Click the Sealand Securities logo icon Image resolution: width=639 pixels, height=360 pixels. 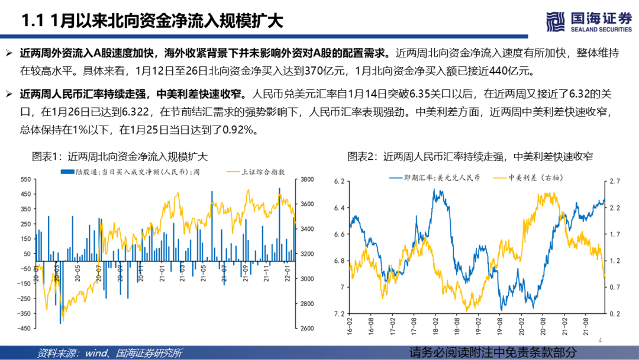tap(554, 21)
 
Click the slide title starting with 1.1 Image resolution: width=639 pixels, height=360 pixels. tap(151, 21)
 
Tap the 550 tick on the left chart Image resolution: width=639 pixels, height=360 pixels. tap(26, 179)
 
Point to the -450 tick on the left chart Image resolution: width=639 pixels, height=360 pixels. tap(24, 329)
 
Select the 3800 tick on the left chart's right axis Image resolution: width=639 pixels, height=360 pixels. tap(308, 179)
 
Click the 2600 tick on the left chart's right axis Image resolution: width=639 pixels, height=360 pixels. tap(308, 329)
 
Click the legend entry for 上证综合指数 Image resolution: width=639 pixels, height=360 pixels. tap(257, 171)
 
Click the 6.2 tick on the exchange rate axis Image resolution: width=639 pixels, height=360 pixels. tap(338, 181)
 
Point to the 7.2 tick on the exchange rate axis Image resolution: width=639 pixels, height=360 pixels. tap(338, 314)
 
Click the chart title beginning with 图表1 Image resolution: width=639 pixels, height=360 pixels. tap(120, 157)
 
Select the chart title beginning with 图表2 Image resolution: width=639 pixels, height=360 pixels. tap(470, 157)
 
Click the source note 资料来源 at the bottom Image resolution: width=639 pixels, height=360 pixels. tap(109, 353)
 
